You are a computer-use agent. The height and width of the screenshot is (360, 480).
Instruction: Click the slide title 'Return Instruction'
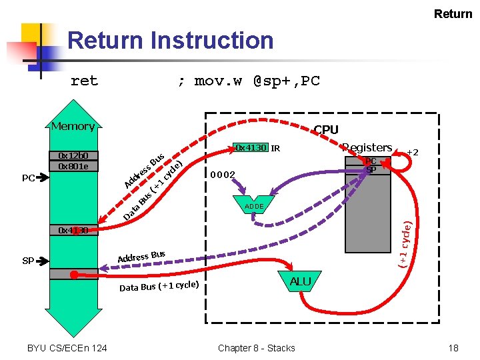coord(170,41)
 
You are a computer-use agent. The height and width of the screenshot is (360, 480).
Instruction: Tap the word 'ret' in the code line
coord(84,81)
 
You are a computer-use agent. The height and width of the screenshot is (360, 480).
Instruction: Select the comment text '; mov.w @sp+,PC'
coord(248,81)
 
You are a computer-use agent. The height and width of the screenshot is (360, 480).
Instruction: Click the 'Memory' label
coord(73,126)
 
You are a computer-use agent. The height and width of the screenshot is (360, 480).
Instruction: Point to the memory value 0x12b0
coord(73,156)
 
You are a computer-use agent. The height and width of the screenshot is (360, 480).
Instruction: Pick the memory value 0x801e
coord(73,166)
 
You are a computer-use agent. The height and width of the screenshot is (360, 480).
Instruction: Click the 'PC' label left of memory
coord(29,178)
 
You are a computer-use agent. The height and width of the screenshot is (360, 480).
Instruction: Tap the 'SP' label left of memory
coord(28,261)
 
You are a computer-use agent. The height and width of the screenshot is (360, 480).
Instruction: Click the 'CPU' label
coord(326,130)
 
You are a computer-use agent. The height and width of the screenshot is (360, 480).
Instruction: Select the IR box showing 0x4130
coord(251,148)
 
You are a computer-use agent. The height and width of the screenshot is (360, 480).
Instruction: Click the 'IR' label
coord(275,148)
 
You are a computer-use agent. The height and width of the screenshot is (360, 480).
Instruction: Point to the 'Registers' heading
coord(367,147)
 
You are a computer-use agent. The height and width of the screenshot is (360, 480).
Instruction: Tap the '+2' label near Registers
coord(413,153)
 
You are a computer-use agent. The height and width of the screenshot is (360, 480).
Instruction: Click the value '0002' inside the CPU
coord(223,175)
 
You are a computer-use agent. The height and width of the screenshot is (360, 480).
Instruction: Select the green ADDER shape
coord(254,207)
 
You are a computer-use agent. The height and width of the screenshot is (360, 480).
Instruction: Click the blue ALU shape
coord(300,282)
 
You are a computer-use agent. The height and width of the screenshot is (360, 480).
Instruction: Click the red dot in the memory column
coord(73,274)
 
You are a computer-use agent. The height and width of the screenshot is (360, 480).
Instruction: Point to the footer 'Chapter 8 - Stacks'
coord(256,348)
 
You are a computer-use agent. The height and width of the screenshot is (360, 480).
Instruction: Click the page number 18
coord(453,348)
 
